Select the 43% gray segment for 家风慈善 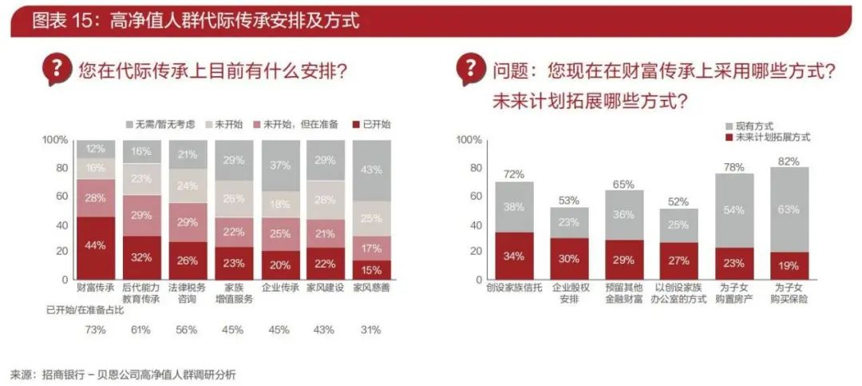coord(372,170)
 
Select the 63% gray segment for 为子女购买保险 coord(789,210)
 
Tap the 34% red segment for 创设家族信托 coord(514,256)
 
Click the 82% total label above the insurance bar coord(789,161)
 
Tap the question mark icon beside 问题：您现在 coord(471,70)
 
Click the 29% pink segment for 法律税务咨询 coord(188,222)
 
